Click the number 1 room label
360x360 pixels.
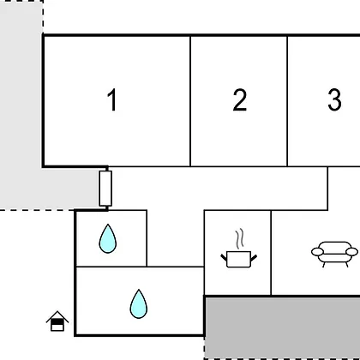pos(112,99)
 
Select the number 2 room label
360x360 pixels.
pos(240,99)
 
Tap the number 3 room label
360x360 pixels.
pos(334,99)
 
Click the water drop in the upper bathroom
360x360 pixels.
pos(108,238)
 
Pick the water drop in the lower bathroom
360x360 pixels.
pos(139,303)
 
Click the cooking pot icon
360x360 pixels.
pos(238,259)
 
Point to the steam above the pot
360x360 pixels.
pos(240,238)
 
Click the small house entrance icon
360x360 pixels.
pos(57,321)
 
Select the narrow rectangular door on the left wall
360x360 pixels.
pos(105,189)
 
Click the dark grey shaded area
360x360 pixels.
pos(282,328)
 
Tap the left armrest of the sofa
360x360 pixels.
pos(317,252)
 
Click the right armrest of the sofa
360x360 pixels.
pos(351,252)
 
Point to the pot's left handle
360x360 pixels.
pos(224,257)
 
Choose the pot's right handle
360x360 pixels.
pos(254,257)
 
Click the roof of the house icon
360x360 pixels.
pos(57,315)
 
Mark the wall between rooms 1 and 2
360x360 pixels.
pos(190,101)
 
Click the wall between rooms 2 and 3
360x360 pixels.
pos(287,101)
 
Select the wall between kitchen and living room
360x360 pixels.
pos(271,253)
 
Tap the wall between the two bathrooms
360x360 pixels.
pos(111,267)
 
